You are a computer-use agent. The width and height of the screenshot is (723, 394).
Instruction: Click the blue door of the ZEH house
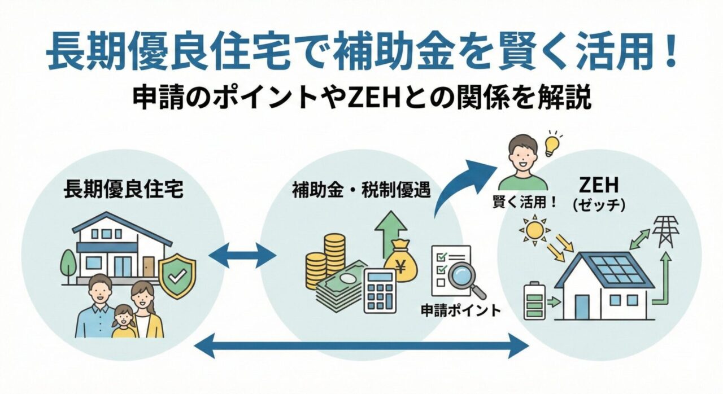click(x=582, y=305)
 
